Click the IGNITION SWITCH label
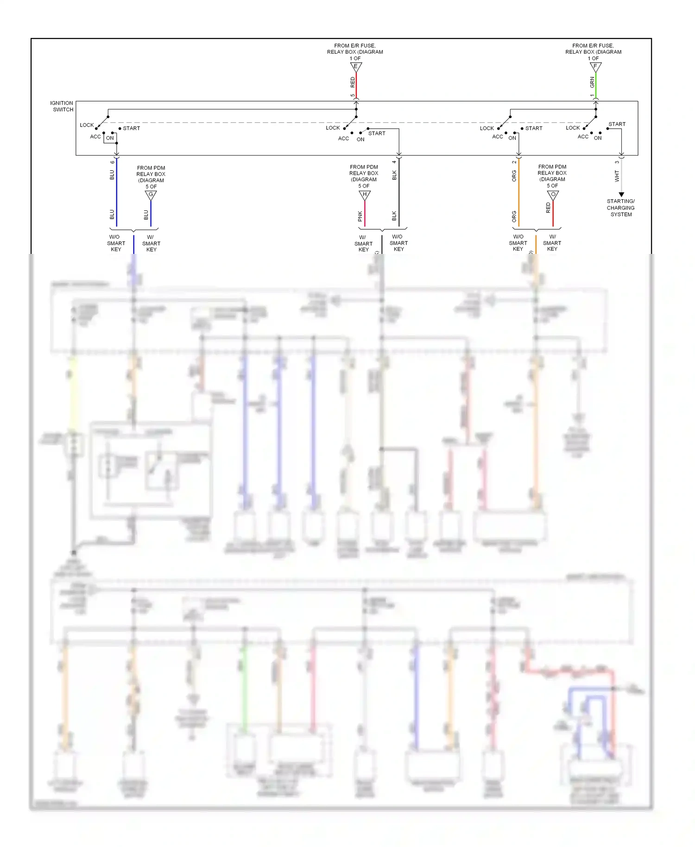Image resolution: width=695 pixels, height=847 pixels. pos(62,106)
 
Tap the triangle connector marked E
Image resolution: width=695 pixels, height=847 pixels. pos(356,67)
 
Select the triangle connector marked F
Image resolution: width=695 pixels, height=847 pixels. pos(595,67)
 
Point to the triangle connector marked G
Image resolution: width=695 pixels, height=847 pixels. pos(151,195)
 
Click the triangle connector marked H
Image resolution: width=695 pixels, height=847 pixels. pos(365,195)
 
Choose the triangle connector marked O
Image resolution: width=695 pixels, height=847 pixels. pos(553,195)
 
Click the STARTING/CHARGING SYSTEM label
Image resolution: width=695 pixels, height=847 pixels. pos(621,208)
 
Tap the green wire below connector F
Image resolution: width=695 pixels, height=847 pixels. pos(596,86)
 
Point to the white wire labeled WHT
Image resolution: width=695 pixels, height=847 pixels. pos(621,176)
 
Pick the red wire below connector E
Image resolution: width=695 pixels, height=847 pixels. pos(356,86)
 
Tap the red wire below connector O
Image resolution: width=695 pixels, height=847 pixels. pos(553,214)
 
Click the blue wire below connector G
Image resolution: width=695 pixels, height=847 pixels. pos(151,214)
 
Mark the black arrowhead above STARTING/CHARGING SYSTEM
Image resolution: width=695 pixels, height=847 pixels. pos(621,195)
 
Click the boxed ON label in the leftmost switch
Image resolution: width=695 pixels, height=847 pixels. pos(110,138)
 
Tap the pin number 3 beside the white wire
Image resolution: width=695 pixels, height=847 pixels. pos(617,162)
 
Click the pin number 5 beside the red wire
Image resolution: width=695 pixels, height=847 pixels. pos(352,95)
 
